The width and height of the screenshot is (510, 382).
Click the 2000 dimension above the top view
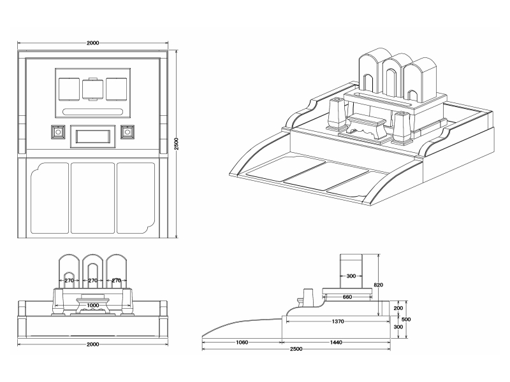pyautogui.click(x=92, y=43)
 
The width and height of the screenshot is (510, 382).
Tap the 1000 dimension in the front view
pyautogui.click(x=92, y=306)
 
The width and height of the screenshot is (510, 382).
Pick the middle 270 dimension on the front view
pyautogui.click(x=92, y=280)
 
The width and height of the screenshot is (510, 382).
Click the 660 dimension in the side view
pyautogui.click(x=347, y=297)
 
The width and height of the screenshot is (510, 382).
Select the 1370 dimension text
pyautogui.click(x=338, y=322)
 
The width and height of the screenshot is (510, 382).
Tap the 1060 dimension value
pyautogui.click(x=241, y=343)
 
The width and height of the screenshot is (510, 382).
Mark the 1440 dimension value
pyautogui.click(x=336, y=343)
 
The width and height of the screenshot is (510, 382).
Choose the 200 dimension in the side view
pyautogui.click(x=398, y=308)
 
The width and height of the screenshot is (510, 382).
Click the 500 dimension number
pyautogui.click(x=405, y=319)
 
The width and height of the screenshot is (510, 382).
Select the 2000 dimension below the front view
pyautogui.click(x=92, y=344)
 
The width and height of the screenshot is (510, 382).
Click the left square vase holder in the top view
pyautogui.click(x=59, y=132)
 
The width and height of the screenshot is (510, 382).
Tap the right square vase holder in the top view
pyautogui.click(x=127, y=132)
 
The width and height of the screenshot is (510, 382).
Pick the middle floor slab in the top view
pyautogui.click(x=92, y=198)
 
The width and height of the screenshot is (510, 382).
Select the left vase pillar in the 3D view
pyautogui.click(x=336, y=115)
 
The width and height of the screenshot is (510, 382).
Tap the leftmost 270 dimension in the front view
pyautogui.click(x=69, y=280)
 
